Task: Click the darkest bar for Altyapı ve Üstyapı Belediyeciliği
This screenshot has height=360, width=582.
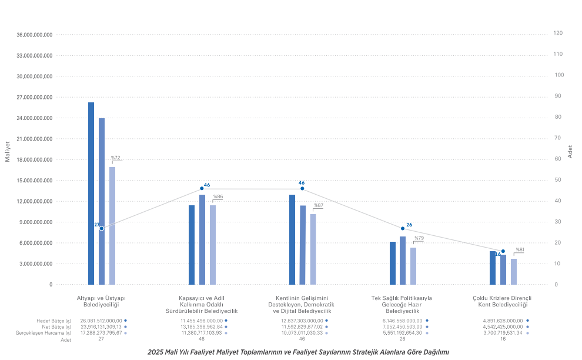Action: pos(91,194)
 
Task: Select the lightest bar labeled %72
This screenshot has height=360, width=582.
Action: pos(112,226)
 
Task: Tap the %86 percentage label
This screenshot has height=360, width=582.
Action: pos(218,196)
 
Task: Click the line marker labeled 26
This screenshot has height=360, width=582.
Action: pos(403,228)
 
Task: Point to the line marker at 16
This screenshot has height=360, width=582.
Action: pos(503,251)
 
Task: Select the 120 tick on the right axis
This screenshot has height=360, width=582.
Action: pos(558,34)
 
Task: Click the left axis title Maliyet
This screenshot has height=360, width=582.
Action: pos(8,151)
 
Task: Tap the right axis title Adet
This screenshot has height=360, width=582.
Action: pos(570,151)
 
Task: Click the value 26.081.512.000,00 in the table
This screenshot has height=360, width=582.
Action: pos(101,321)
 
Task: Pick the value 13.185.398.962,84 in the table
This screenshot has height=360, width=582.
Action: pos(201,326)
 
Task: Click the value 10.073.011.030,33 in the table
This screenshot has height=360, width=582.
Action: pos(302,333)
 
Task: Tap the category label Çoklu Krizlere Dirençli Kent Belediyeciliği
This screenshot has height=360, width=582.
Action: pos(502,301)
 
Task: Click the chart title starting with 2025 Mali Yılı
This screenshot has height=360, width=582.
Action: pos(298,352)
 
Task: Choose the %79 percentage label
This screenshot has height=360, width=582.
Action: pos(419,238)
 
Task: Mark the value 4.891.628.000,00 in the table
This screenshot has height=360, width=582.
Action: pos(502,321)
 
